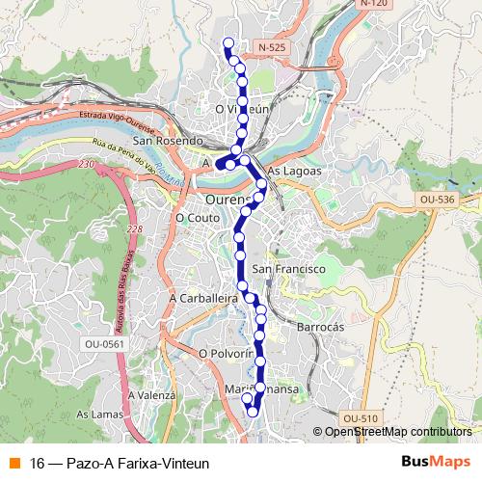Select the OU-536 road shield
click(x=436, y=200)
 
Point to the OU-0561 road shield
click(x=103, y=342)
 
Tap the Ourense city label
click(x=228, y=200)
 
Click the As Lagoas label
click(x=293, y=171)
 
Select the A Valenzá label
click(x=150, y=395)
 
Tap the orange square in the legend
click(x=13, y=462)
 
